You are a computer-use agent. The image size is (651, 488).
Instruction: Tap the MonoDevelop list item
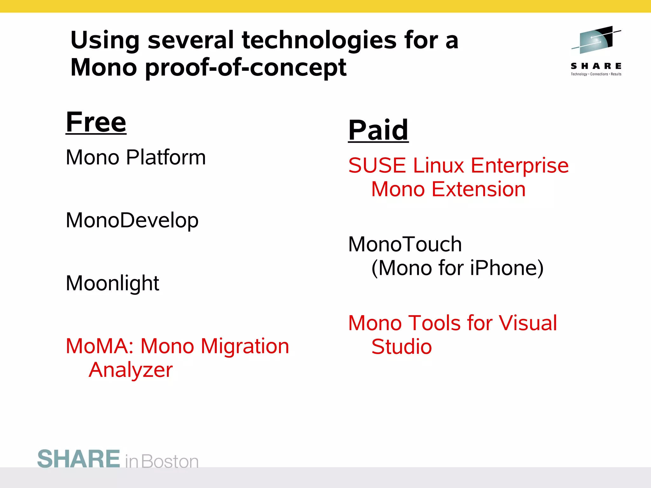132,220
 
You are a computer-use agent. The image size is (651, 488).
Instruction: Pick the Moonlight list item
112,283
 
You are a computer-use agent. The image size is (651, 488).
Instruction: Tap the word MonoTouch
405,244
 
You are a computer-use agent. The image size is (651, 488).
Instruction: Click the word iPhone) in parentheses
507,268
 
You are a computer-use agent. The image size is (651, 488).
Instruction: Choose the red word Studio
401,347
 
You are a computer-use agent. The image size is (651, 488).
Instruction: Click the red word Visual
528,323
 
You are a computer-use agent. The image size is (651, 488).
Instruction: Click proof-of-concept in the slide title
245,68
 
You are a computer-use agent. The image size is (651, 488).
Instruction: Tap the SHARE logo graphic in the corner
596,40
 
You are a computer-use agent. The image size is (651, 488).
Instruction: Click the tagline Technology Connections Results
596,74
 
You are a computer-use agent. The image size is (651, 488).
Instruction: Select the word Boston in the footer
170,461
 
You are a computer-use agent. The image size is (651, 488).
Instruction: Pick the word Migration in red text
245,346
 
